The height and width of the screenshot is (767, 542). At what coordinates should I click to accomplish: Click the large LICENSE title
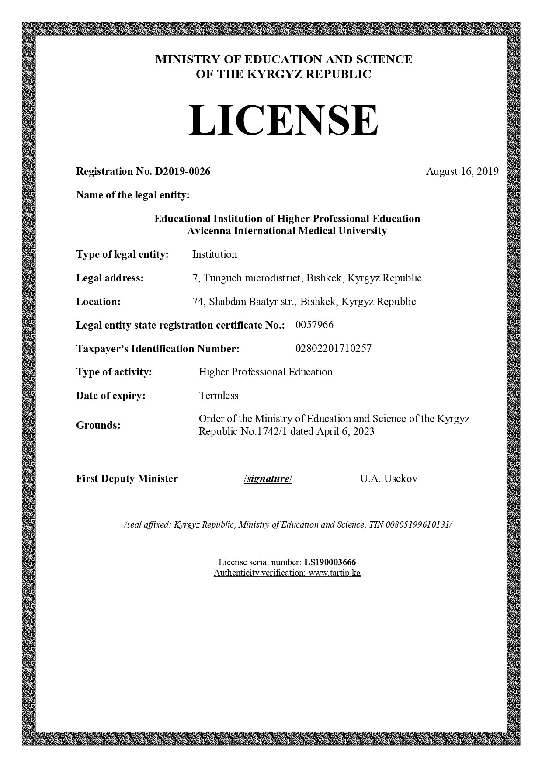(x=283, y=120)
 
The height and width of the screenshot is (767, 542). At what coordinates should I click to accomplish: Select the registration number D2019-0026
(x=183, y=171)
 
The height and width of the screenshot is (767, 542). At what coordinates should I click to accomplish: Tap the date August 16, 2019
(x=462, y=171)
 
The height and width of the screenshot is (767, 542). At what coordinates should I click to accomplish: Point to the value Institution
(x=215, y=254)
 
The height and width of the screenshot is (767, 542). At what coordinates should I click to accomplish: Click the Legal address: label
(x=110, y=278)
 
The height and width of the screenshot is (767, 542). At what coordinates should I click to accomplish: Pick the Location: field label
(x=98, y=302)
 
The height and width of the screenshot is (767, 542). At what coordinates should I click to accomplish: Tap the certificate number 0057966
(x=314, y=325)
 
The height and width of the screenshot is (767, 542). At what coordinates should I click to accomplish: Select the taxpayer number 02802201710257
(x=334, y=348)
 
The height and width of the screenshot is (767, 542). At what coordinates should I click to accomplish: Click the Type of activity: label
(x=114, y=372)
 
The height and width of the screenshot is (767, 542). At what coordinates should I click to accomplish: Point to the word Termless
(x=219, y=396)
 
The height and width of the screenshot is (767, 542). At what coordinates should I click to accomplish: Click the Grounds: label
(x=98, y=425)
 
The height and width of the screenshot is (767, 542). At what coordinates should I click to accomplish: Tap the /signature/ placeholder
(x=268, y=479)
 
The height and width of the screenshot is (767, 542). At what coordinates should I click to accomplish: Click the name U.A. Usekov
(x=389, y=479)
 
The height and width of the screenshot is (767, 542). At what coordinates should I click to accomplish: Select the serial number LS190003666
(x=330, y=562)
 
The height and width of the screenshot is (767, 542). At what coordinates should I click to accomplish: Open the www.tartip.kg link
(x=334, y=573)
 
